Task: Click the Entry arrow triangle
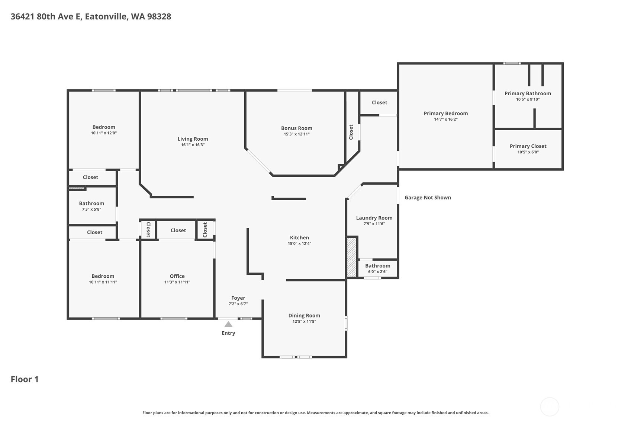pyautogui.click(x=228, y=324)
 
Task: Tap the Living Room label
pyautogui.click(x=193, y=139)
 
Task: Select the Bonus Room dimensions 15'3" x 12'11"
pyautogui.click(x=296, y=134)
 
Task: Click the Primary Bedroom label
pyautogui.click(x=445, y=113)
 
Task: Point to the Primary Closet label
pyautogui.click(x=528, y=146)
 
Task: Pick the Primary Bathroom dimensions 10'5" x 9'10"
pyautogui.click(x=527, y=99)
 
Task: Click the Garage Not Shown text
pyautogui.click(x=428, y=197)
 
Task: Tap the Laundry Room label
pyautogui.click(x=374, y=218)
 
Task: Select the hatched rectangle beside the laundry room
pyautogui.click(x=351, y=257)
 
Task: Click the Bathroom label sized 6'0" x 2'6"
pyautogui.click(x=377, y=265)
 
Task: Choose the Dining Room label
pyautogui.click(x=304, y=315)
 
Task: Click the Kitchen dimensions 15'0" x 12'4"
pyautogui.click(x=299, y=243)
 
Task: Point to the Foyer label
pyautogui.click(x=238, y=298)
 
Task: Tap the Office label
pyautogui.click(x=177, y=276)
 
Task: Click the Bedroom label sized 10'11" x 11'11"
pyautogui.click(x=103, y=276)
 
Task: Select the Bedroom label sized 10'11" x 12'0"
pyautogui.click(x=104, y=127)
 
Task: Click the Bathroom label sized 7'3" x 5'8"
pyautogui.click(x=91, y=203)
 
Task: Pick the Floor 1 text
pyautogui.click(x=25, y=379)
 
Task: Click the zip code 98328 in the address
pyautogui.click(x=159, y=16)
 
